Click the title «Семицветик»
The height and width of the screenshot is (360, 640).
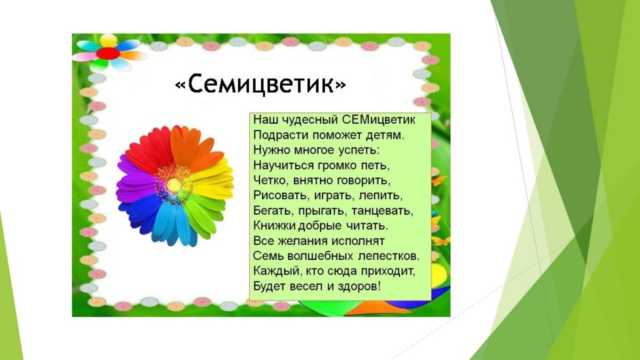261,84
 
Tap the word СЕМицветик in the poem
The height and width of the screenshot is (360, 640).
378,120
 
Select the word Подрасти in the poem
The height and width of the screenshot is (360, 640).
276,135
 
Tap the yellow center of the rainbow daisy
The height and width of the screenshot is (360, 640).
175,186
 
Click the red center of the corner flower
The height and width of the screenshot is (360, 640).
108,53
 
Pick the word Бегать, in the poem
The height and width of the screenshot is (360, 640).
274,211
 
